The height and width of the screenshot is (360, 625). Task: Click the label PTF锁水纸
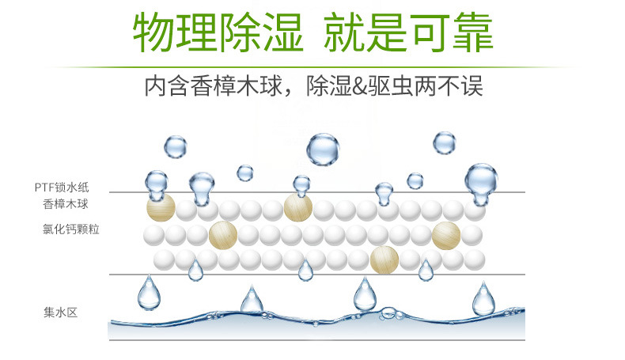point(62,188)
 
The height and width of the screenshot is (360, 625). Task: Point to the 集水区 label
point(61,312)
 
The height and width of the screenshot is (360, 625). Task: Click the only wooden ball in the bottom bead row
point(384,259)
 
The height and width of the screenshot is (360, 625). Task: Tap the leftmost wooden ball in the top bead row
point(161,207)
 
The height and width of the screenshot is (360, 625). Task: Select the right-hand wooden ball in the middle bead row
point(446,234)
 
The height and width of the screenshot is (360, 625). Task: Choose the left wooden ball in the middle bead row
point(223,235)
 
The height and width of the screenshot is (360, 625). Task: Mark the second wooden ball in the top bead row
point(298,207)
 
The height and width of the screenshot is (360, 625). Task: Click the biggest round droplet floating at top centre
point(323,149)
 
